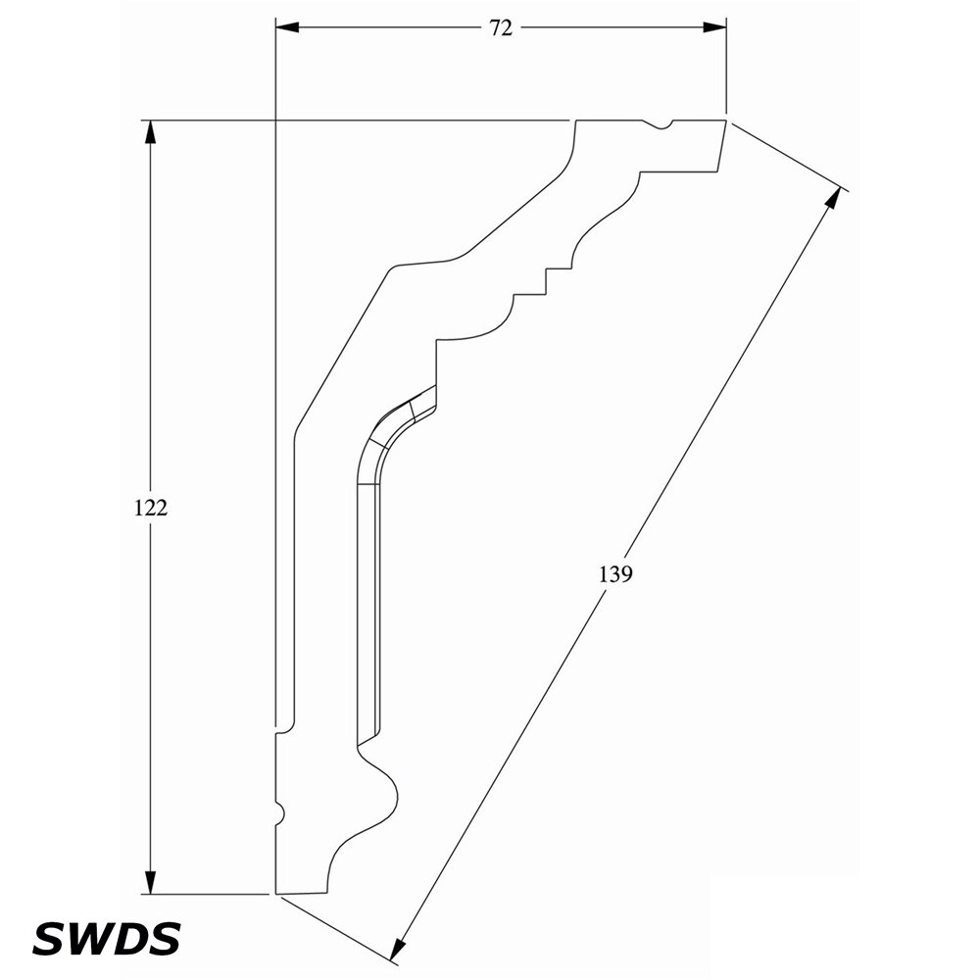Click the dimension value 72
[x=501, y=28]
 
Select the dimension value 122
[x=151, y=508]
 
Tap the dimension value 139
[x=616, y=573]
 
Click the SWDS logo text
[x=106, y=938]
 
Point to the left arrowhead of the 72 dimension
[x=287, y=27]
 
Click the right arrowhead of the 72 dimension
[x=714, y=27]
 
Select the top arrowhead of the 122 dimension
[x=150, y=132]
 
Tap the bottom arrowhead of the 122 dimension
[x=150, y=882]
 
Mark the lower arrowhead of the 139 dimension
[x=398, y=947]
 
